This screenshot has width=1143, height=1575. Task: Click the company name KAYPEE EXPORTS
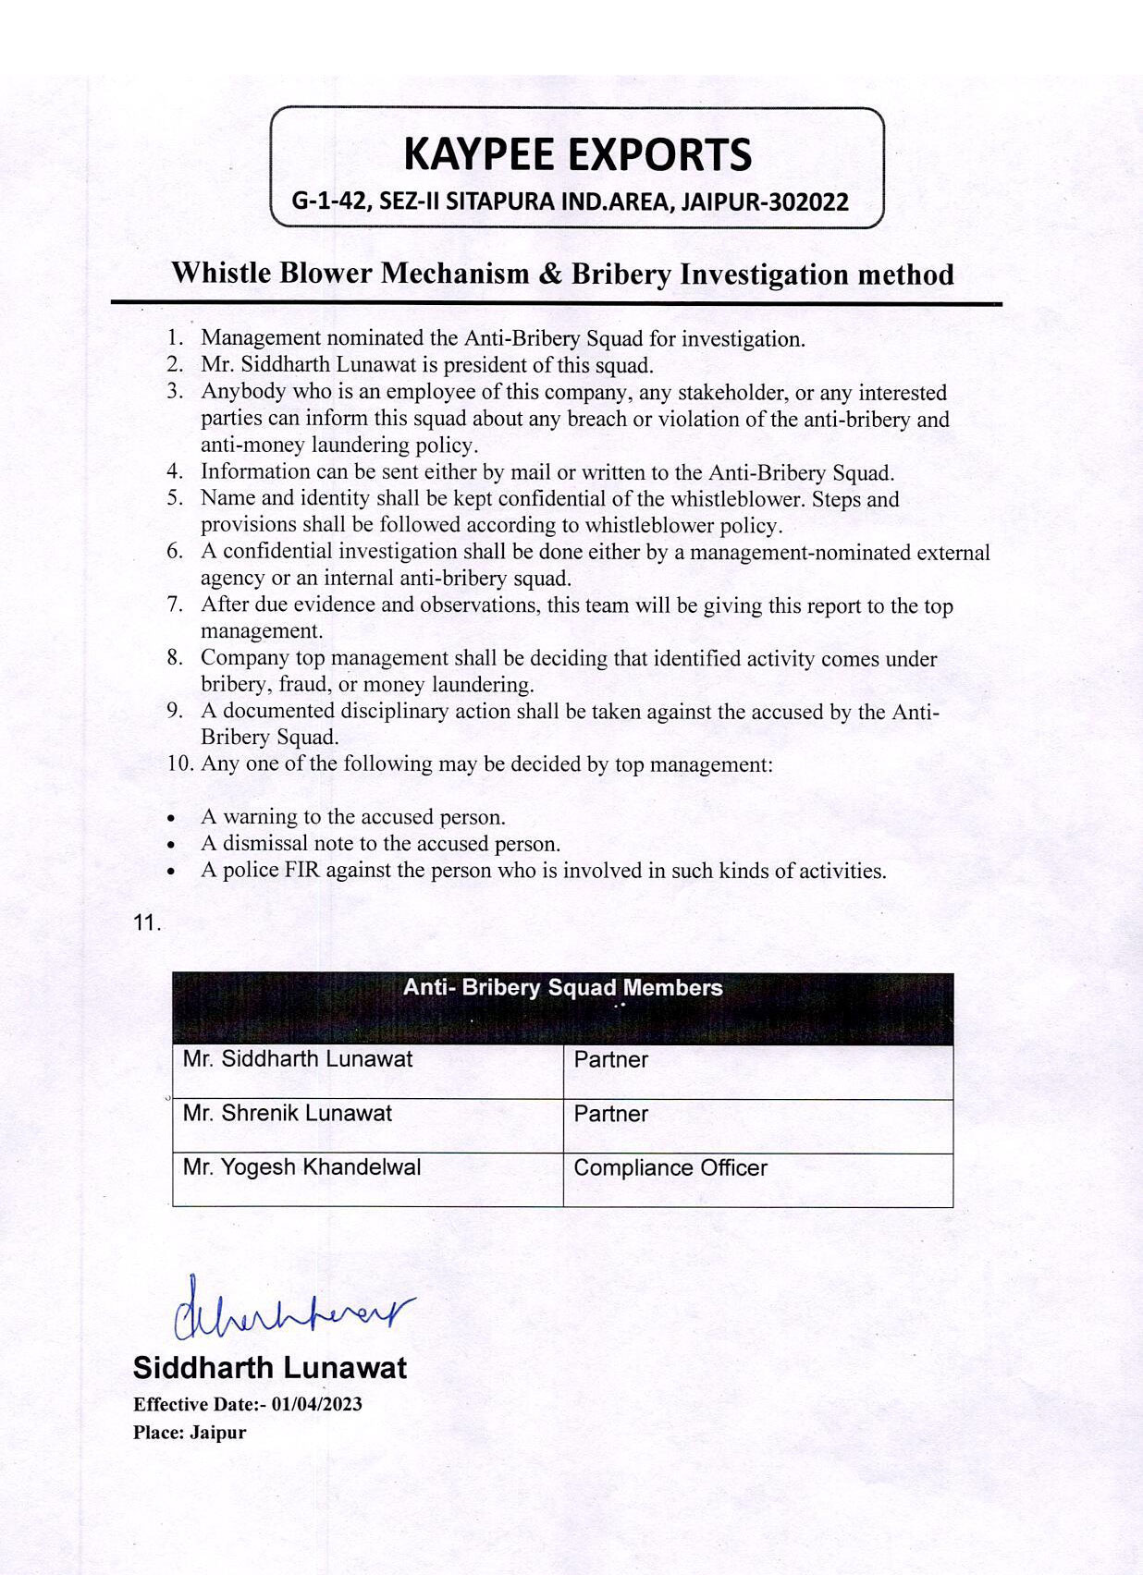pyautogui.click(x=577, y=154)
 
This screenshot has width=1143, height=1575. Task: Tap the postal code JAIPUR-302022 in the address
pyautogui.click(x=764, y=201)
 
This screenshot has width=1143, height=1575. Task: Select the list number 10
pyautogui.click(x=180, y=764)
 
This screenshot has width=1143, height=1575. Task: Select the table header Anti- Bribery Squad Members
pyautogui.click(x=562, y=988)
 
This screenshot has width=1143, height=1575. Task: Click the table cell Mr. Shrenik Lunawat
pyautogui.click(x=288, y=1114)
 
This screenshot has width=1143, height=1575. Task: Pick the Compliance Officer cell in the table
pyautogui.click(x=670, y=1168)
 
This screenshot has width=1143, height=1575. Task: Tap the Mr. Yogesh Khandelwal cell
pyautogui.click(x=301, y=1167)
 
